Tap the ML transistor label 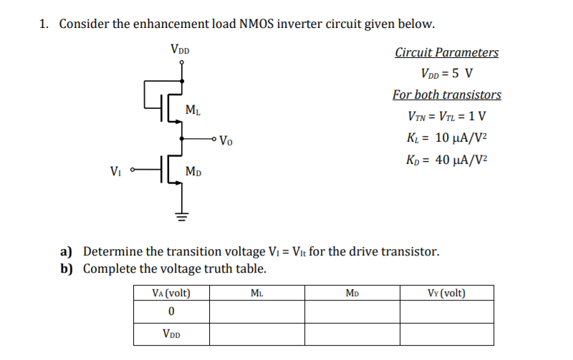(193, 110)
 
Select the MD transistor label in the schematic (193, 171)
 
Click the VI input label (115, 171)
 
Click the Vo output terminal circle (215, 139)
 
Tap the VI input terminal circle (133, 170)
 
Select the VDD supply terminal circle (183, 62)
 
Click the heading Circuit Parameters (446, 52)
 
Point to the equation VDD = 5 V (446, 74)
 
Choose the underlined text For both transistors (446, 94)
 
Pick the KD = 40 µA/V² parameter (446, 159)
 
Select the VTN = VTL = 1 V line (446, 116)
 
